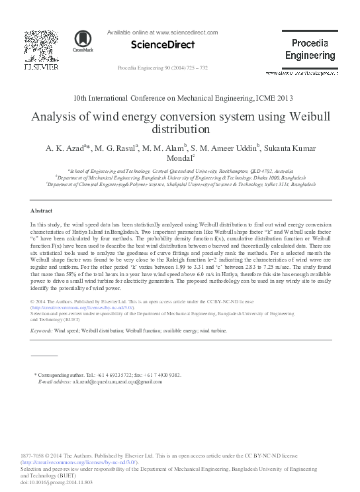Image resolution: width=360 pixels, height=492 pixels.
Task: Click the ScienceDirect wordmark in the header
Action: (163, 45)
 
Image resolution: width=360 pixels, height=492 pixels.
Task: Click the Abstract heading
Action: (42, 210)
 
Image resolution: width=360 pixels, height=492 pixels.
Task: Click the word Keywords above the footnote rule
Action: (41, 330)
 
